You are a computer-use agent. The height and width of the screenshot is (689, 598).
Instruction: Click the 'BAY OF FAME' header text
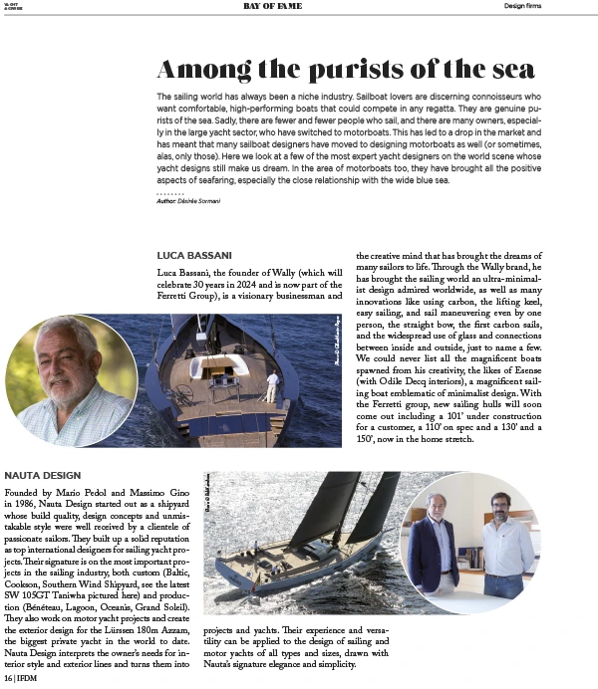point(274,6)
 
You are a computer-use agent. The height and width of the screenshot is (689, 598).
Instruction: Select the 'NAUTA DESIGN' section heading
point(43,475)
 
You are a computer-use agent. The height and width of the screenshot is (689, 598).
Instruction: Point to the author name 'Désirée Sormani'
point(202,201)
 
